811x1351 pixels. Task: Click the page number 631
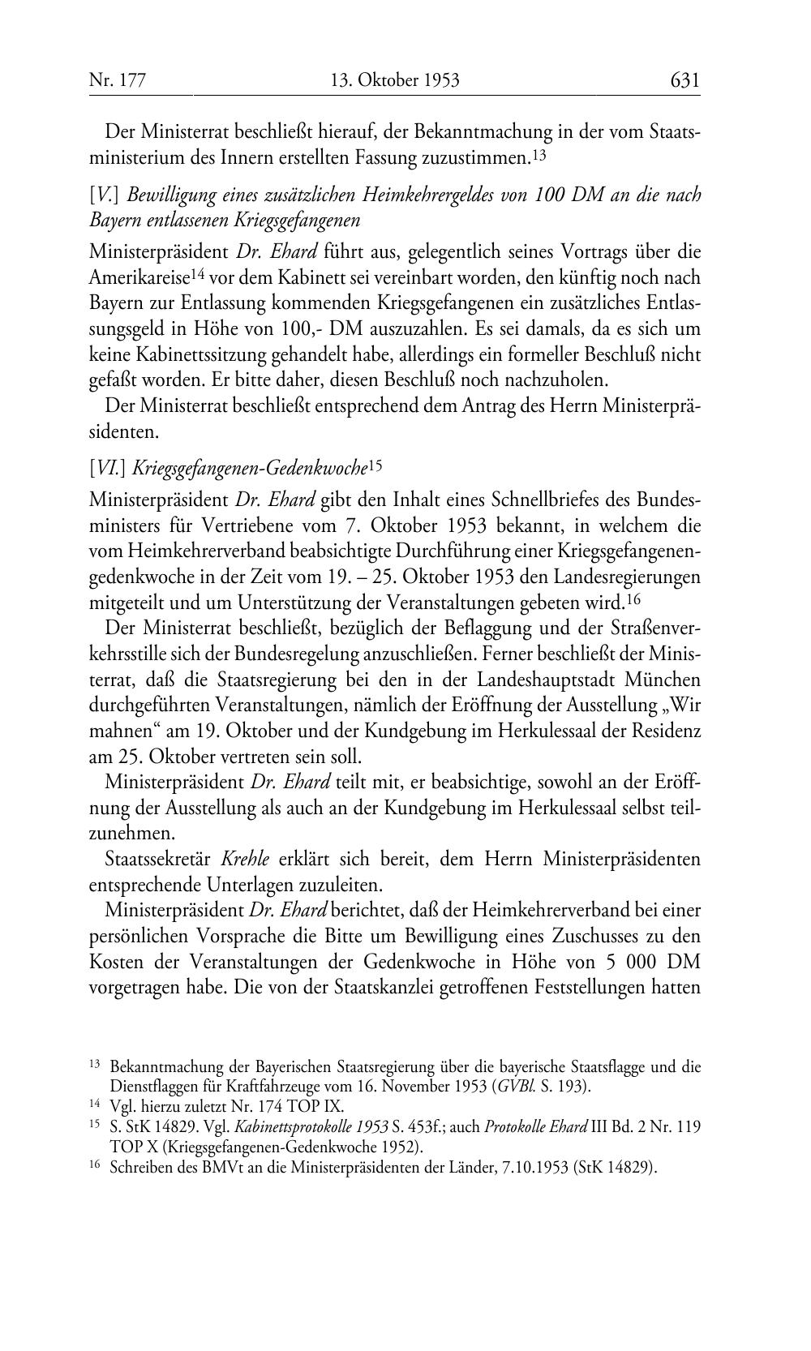tap(684, 79)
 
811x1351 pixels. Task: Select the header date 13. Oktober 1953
tap(396, 80)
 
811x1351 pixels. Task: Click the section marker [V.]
tap(105, 195)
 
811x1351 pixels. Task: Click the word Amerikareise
tap(139, 277)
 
